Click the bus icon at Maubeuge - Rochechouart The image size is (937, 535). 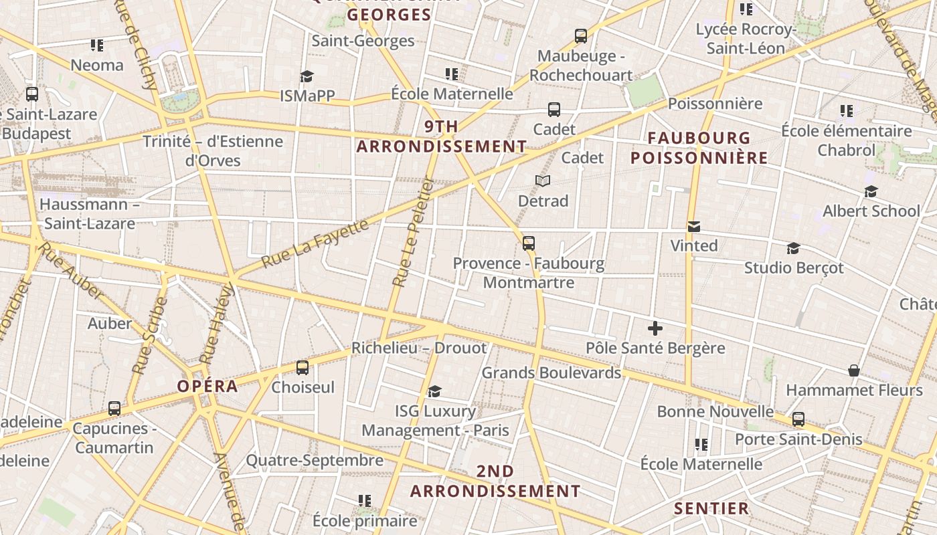click(581, 36)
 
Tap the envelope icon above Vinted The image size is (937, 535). click(694, 227)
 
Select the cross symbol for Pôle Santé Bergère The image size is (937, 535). click(655, 328)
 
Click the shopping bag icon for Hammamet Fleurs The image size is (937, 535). click(854, 370)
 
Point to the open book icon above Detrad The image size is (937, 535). click(543, 181)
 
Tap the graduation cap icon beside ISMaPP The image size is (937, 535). click(307, 76)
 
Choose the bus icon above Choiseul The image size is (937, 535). click(303, 367)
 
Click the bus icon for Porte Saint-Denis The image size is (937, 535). click(798, 419)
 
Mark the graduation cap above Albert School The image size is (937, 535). click(871, 192)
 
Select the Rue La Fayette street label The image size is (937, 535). click(315, 243)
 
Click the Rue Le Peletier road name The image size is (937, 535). click(412, 231)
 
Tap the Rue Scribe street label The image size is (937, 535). click(150, 335)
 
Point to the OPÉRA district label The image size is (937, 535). click(207, 386)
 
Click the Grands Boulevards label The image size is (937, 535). click(551, 372)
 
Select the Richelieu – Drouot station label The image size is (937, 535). click(419, 348)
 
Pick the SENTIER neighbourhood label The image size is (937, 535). click(711, 508)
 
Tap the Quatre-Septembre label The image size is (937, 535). click(315, 460)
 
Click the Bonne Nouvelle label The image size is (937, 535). click(715, 411)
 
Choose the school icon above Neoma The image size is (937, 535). click(97, 45)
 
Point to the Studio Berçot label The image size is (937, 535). click(794, 267)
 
